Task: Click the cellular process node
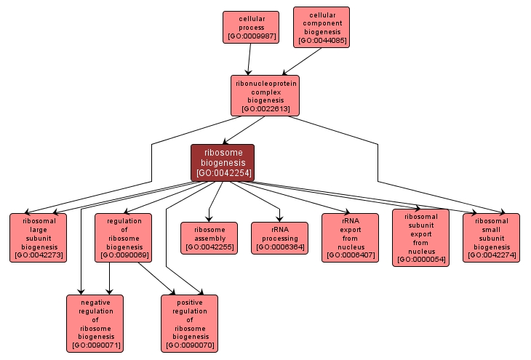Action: click(250, 26)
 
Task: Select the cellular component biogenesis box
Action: click(321, 27)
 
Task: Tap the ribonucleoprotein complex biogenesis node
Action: click(265, 95)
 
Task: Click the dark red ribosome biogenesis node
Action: click(223, 162)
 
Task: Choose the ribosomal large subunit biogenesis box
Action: click(37, 237)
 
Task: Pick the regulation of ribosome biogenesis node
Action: click(123, 237)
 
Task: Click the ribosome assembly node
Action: click(209, 238)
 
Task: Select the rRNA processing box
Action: click(279, 238)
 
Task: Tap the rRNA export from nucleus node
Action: click(350, 237)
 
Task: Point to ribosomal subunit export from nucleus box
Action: click(420, 237)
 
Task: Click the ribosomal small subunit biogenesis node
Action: click(491, 237)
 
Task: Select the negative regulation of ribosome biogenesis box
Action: click(95, 323)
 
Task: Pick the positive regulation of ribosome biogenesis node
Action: click(189, 323)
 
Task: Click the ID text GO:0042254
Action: click(223, 173)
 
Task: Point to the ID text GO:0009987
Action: click(250, 36)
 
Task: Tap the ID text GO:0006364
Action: click(279, 248)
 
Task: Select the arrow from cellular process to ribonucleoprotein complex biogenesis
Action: click(249, 58)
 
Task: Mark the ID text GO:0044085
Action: click(321, 41)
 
